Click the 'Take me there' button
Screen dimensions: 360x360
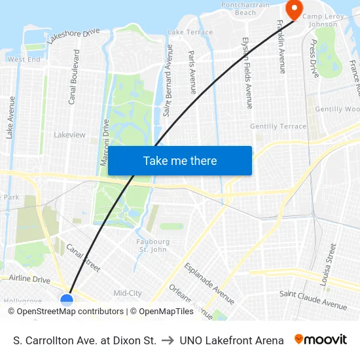coord(180,160)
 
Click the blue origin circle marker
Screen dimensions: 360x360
coord(67,300)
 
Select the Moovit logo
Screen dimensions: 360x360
coord(321,340)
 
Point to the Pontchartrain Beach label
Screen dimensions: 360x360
coord(245,9)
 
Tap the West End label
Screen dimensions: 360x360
coord(24,59)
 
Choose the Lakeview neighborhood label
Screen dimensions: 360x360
coord(69,135)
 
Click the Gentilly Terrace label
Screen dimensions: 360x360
coord(278,126)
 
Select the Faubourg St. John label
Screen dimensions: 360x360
coord(153,245)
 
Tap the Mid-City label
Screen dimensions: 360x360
coord(128,293)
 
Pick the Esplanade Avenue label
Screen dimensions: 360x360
coord(209,283)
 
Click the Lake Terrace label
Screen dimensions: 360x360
coord(190,32)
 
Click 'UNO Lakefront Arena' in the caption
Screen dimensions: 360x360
coord(232,340)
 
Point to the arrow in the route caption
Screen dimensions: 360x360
coord(168,340)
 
